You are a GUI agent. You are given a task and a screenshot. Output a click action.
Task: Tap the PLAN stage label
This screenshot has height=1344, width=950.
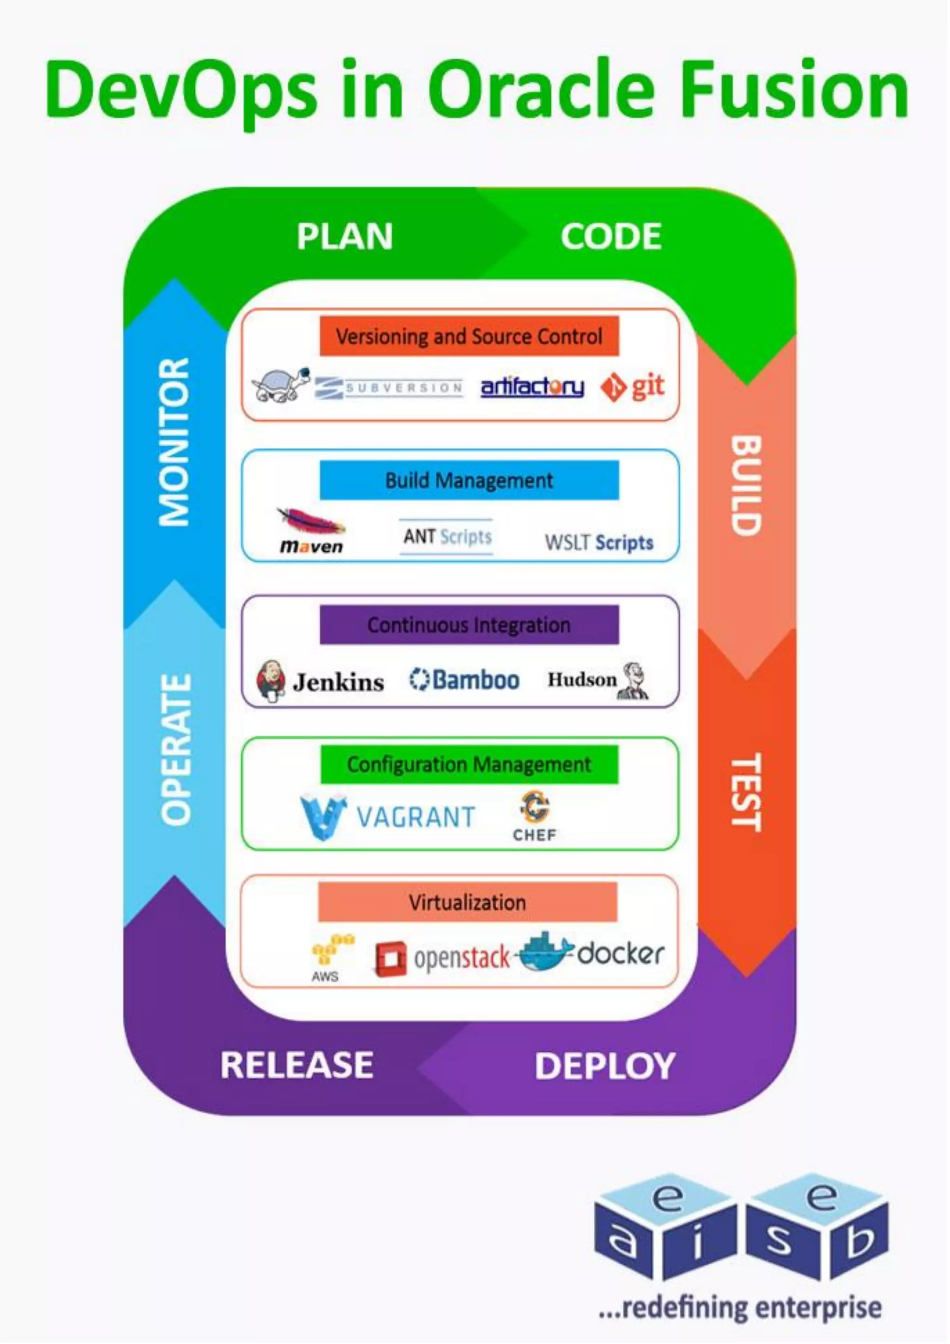click(x=344, y=237)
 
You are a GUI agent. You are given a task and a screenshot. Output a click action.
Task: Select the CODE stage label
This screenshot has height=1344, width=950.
click(x=610, y=237)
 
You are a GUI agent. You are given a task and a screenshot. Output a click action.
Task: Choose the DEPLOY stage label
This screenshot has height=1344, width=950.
click(x=605, y=1066)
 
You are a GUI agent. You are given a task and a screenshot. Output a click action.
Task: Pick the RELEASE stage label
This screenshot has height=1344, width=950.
click(x=296, y=1065)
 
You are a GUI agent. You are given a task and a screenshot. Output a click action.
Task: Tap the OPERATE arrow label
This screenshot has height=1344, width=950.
click(x=176, y=750)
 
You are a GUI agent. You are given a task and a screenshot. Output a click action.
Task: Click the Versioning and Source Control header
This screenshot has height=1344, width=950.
click(x=469, y=337)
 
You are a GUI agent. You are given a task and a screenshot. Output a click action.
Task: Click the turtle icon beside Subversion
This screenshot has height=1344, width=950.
click(x=281, y=385)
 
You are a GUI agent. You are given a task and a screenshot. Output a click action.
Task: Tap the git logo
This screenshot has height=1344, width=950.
click(x=632, y=387)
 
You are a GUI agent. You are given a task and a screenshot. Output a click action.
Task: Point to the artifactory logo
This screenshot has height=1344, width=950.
click(x=532, y=387)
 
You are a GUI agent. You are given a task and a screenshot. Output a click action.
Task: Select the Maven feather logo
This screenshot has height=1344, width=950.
click(x=311, y=521)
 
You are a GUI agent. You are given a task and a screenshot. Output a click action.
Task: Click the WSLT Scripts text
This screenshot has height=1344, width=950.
click(x=598, y=543)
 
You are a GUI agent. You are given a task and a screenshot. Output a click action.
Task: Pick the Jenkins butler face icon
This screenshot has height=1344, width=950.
click(x=270, y=680)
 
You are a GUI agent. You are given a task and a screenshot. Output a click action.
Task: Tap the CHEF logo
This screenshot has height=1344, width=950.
click(x=534, y=816)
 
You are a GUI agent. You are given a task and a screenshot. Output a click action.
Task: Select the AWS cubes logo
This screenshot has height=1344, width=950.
click(x=332, y=951)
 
